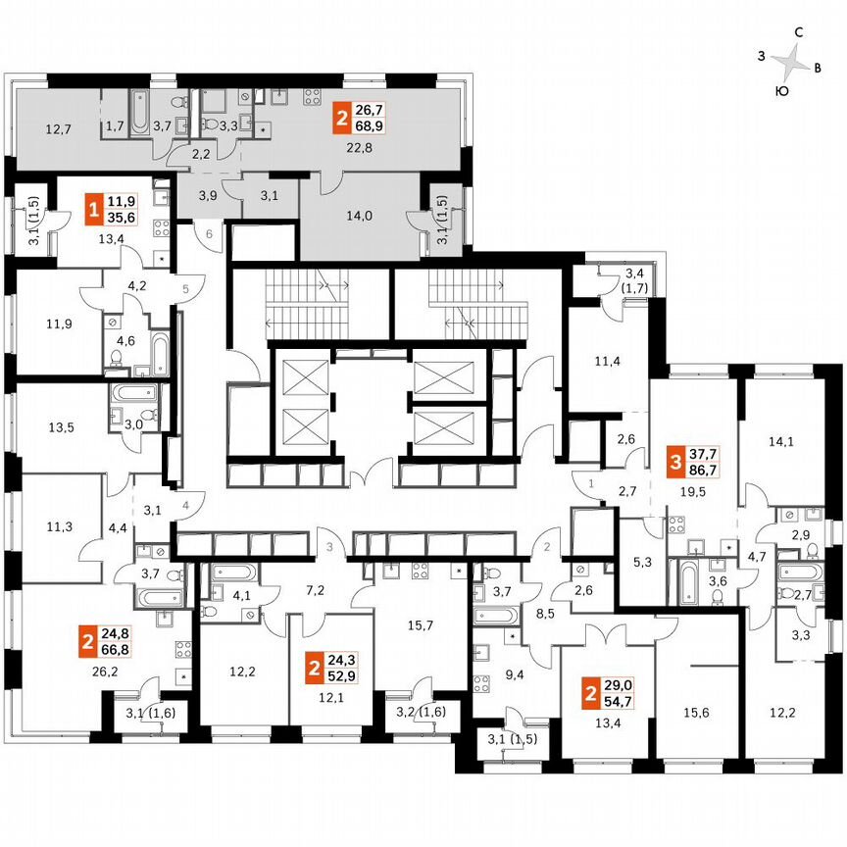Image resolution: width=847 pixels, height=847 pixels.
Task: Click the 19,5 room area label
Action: (699, 494)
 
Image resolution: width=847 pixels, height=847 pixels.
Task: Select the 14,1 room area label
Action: (794, 441)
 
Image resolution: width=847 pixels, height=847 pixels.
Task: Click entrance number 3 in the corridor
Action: (331, 546)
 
